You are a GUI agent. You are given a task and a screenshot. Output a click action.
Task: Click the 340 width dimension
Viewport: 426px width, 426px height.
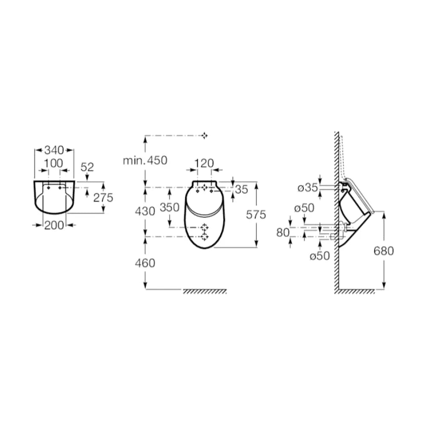pos(54,150)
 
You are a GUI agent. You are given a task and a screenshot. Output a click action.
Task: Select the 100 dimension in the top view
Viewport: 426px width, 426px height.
pos(54,163)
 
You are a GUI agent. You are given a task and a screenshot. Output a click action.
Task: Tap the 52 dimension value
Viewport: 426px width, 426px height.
pos(87,167)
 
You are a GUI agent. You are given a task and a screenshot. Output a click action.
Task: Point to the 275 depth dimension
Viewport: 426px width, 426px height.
pos(103,198)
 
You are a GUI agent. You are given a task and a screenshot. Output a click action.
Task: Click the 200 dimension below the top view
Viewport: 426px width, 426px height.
pos(54,225)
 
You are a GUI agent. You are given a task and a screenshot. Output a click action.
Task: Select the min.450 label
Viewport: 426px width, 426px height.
pos(145,160)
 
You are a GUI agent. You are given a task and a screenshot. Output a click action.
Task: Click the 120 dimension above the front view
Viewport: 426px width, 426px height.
pos(204,163)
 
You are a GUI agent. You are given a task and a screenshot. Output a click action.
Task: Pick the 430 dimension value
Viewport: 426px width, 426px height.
pos(145,211)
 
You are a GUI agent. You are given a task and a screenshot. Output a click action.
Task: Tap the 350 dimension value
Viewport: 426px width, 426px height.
pos(170,207)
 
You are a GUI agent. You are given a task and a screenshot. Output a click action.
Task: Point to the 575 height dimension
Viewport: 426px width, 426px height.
pos(256,215)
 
